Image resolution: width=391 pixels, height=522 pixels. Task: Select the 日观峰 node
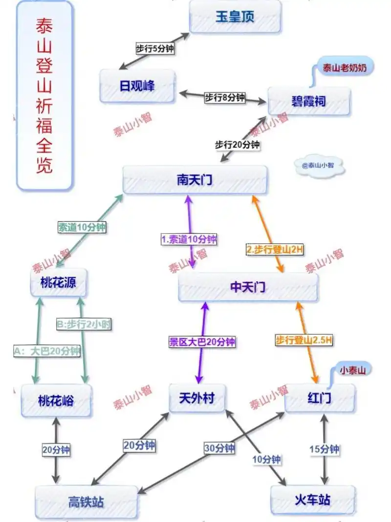pyautogui.click(x=137, y=86)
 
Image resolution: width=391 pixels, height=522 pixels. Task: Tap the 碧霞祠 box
pyautogui.click(x=309, y=102)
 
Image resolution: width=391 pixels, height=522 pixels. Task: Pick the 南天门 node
pyautogui.click(x=195, y=179)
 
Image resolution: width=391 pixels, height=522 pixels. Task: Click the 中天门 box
pyautogui.click(x=248, y=287)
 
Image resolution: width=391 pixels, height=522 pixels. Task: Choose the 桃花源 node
pyautogui.click(x=59, y=282)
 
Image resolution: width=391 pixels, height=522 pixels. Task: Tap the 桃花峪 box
pyautogui.click(x=56, y=400)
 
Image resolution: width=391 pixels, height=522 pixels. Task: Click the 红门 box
pyautogui.click(x=320, y=398)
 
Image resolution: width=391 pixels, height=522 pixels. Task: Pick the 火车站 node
pyautogui.click(x=312, y=500)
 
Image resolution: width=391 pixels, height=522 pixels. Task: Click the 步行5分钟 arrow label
pyautogui.click(x=154, y=49)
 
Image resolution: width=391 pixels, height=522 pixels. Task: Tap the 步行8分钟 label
pyautogui.click(x=224, y=97)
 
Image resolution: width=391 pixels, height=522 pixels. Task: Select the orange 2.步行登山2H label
pyautogui.click(x=275, y=249)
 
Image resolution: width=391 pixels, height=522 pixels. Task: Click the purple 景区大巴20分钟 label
pyautogui.click(x=202, y=342)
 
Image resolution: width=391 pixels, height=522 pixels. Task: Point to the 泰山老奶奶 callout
pyautogui.click(x=347, y=68)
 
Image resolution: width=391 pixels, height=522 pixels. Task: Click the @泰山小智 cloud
pyautogui.click(x=320, y=166)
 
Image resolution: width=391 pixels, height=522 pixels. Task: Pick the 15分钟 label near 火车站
pyautogui.click(x=324, y=449)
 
